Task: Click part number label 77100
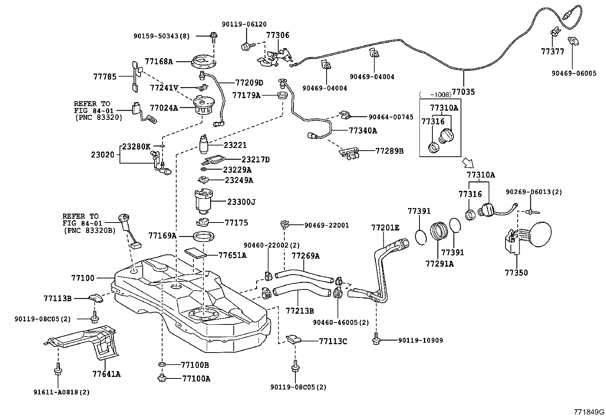(82, 278)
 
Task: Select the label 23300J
(241, 202)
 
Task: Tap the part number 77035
(463, 92)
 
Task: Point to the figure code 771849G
(589, 412)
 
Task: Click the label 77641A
(106, 374)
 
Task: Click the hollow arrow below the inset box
(467, 163)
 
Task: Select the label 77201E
(385, 227)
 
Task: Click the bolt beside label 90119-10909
(376, 339)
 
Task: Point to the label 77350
(516, 272)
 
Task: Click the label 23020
(102, 154)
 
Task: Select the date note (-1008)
(435, 94)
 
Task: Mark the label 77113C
(333, 341)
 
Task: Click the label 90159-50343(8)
(161, 36)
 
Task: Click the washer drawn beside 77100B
(162, 365)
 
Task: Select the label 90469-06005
(574, 73)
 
